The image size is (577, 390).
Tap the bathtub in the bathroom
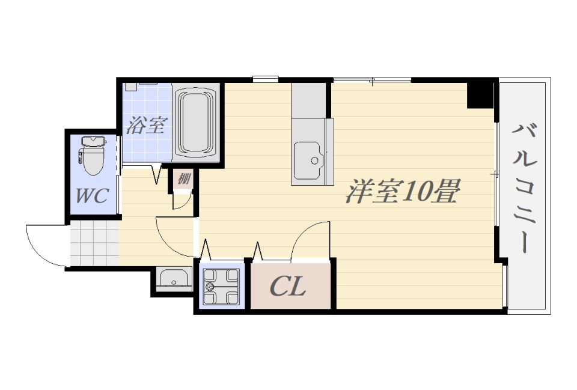tap(195, 123)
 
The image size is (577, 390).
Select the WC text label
tap(91, 195)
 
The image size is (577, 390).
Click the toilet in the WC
tap(93, 160)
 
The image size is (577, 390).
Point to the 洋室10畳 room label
tap(402, 192)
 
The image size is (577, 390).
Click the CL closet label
tap(288, 287)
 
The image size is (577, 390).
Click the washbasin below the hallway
tap(174, 280)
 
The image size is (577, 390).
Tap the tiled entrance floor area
tap(94, 243)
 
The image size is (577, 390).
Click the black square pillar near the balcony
tap(480, 94)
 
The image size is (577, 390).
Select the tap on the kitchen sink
tap(313, 159)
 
